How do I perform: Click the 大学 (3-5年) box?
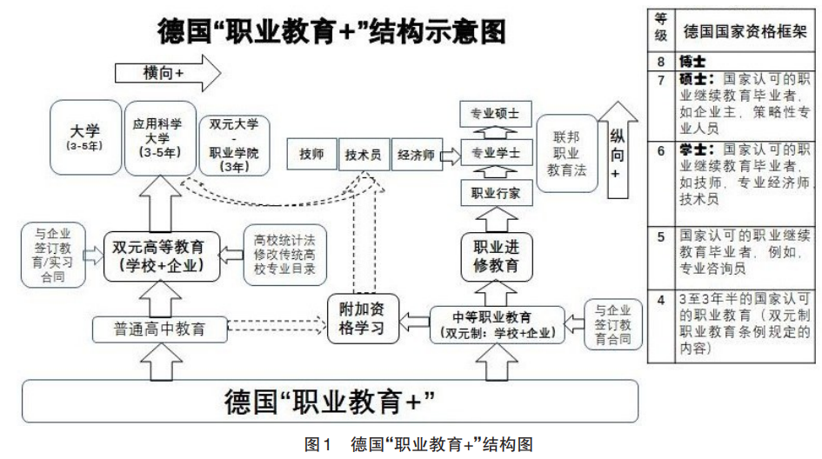point(84,138)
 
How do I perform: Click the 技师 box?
point(311,156)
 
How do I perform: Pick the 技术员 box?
point(363,156)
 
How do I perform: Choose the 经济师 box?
point(415,156)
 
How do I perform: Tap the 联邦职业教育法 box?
point(566,154)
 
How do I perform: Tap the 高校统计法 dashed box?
point(277,256)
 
